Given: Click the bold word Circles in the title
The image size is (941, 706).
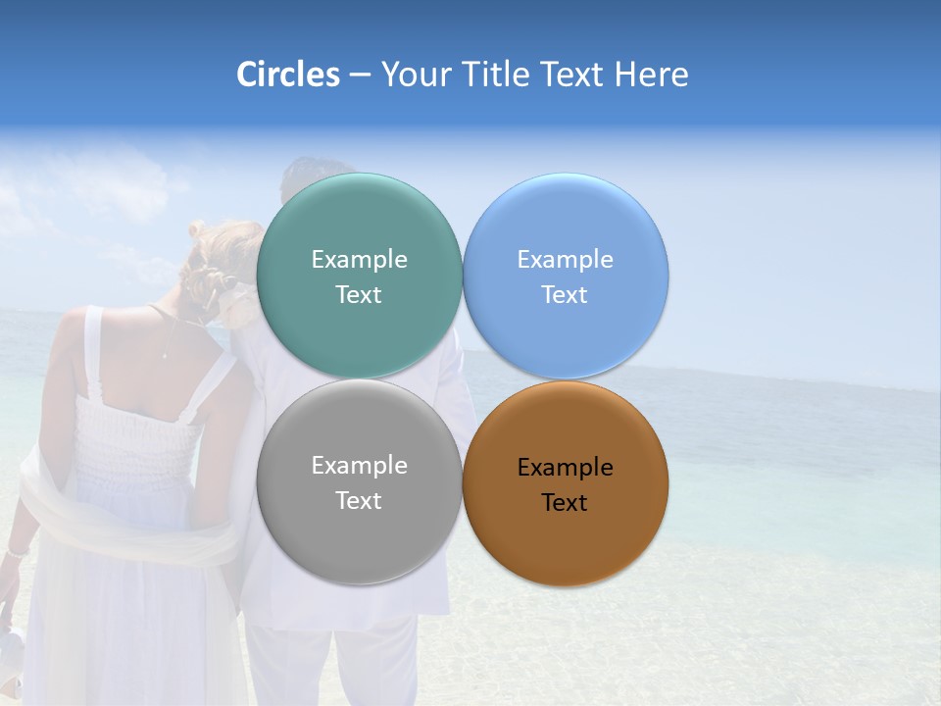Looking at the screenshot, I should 287,75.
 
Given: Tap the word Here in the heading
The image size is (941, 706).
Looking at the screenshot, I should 651,75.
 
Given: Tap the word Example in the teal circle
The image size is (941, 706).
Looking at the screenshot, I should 359,260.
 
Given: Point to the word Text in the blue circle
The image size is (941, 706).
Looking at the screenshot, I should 565,295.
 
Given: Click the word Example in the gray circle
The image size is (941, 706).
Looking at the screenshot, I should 359,466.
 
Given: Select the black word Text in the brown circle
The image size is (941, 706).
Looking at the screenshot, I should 565,503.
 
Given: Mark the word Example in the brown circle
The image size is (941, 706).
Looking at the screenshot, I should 566,468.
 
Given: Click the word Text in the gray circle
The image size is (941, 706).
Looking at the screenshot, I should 359,501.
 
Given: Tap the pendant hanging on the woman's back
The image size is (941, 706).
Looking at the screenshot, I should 168,354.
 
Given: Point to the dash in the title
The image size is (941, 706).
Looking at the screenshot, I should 360,76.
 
